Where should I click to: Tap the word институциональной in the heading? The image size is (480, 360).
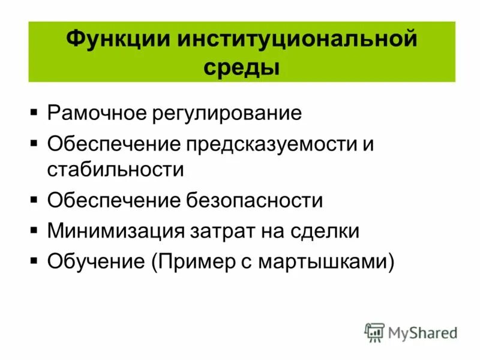[295, 41]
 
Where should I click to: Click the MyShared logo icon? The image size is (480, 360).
[375, 332]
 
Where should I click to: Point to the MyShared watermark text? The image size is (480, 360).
[422, 332]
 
